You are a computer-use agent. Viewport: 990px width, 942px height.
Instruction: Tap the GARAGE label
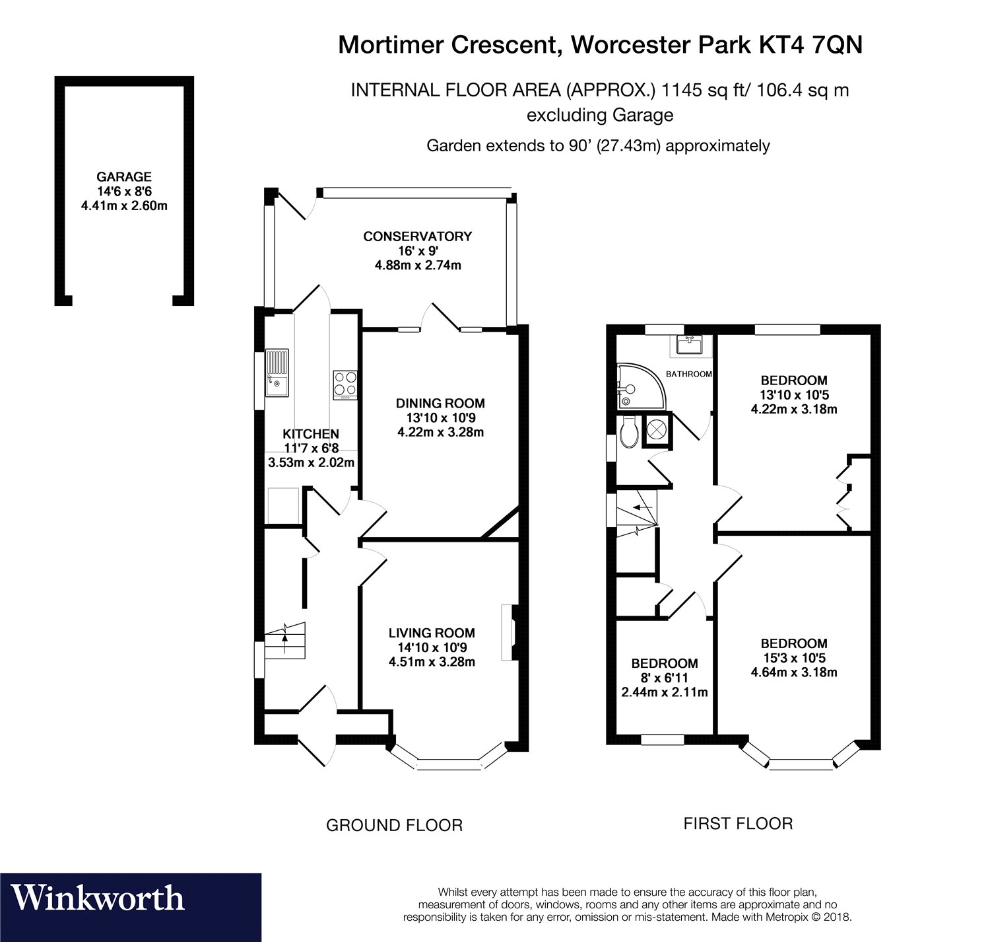pos(124,177)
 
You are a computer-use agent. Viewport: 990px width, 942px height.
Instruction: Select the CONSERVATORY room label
pos(417,236)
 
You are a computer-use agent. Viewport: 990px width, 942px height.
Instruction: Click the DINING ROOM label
pos(440,403)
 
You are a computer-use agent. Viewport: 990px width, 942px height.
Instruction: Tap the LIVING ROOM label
pos(432,633)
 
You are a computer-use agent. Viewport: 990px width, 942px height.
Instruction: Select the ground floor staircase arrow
pos(285,637)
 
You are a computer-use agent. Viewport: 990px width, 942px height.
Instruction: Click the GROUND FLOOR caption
pos(395,825)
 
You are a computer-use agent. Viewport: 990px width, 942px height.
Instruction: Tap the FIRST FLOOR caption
pos(738,824)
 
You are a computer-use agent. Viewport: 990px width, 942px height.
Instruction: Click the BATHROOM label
pos(688,374)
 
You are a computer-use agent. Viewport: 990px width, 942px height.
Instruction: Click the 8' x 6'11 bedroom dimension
pos(664,678)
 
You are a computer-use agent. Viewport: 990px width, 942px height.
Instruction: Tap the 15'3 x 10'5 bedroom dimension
pos(793,658)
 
